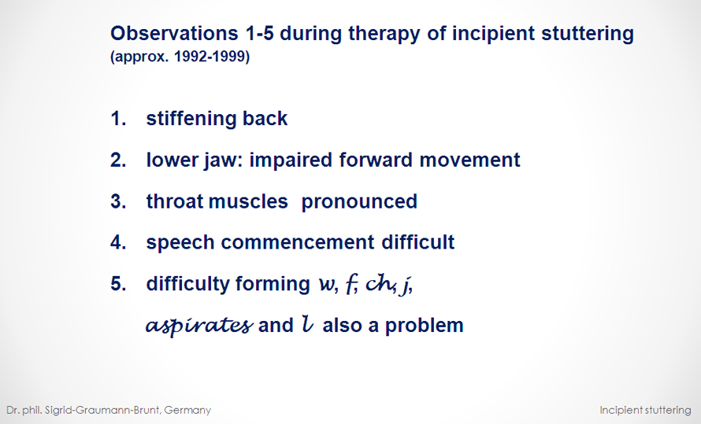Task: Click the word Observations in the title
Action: pyautogui.click(x=174, y=33)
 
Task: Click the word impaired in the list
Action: pyautogui.click(x=291, y=160)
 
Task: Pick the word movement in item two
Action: pyautogui.click(x=469, y=160)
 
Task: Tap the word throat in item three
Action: pyautogui.click(x=175, y=201)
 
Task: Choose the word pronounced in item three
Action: pyautogui.click(x=359, y=201)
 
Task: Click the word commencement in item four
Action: pyautogui.click(x=297, y=242)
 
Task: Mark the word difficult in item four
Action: pyautogui.click(x=417, y=242)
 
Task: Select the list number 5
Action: pyautogui.click(x=118, y=283)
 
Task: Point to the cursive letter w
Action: pyautogui.click(x=326, y=284)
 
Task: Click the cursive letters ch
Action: pyautogui.click(x=379, y=283)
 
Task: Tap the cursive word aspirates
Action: pyautogui.click(x=199, y=325)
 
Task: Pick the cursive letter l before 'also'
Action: pyautogui.click(x=307, y=324)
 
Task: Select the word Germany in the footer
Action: pyautogui.click(x=187, y=410)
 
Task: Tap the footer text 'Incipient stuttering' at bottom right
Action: pyautogui.click(x=645, y=410)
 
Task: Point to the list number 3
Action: pyautogui.click(x=118, y=201)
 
